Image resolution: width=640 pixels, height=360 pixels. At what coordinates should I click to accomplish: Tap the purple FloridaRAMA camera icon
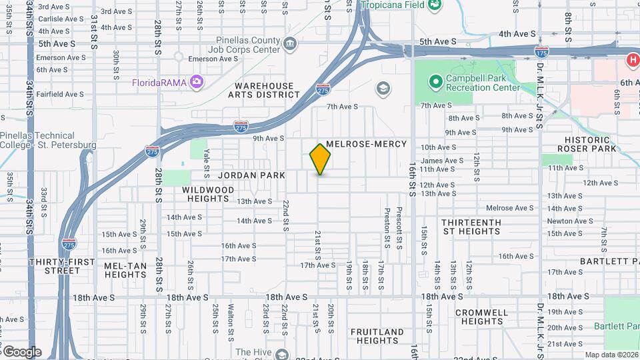(196, 82)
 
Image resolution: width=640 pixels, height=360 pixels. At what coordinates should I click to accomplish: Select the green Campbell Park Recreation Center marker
(435, 82)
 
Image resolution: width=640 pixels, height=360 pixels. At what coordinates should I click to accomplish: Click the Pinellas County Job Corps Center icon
(290, 45)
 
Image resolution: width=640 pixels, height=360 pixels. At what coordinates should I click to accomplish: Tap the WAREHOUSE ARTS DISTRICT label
(264, 91)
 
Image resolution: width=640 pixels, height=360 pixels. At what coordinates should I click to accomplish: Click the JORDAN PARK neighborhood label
(252, 175)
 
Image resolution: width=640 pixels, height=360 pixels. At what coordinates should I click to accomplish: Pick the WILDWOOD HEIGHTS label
(209, 194)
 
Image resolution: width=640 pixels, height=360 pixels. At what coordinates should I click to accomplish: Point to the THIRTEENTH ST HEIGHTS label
(471, 227)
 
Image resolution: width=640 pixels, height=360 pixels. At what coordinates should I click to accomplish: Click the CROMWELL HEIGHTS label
(482, 317)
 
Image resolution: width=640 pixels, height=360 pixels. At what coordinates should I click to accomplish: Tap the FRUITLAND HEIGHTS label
(377, 336)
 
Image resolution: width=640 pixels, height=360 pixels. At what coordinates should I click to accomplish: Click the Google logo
(21, 351)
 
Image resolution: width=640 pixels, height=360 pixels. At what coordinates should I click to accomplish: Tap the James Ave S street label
(441, 160)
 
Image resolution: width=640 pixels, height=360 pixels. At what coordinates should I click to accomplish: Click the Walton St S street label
(231, 318)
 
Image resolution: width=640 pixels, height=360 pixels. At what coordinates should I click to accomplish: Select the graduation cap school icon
(383, 89)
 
